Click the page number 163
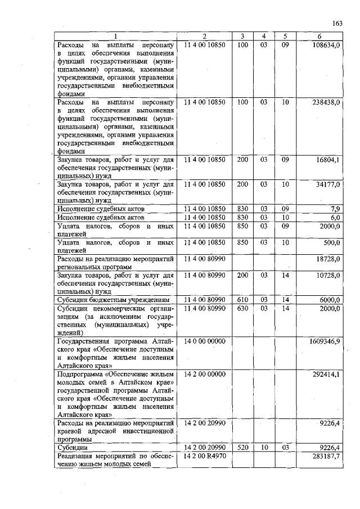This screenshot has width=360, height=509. (x=338, y=23)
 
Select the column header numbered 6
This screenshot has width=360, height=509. (x=319, y=37)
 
